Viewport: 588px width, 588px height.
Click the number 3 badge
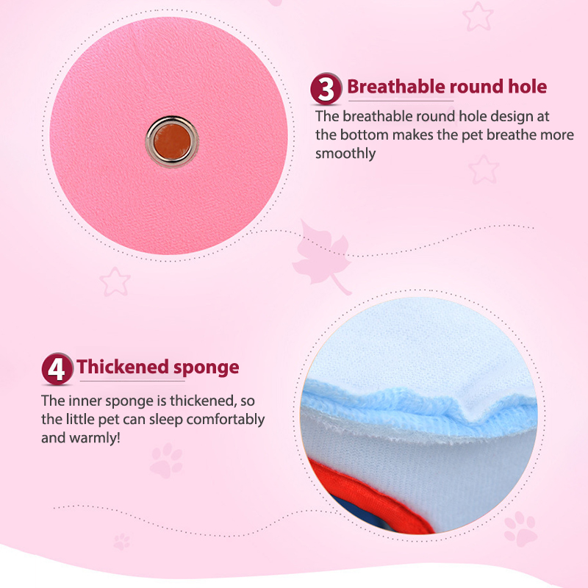pos(326,88)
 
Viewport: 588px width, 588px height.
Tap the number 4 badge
pos(57,369)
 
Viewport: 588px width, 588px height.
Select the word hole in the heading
pos(527,87)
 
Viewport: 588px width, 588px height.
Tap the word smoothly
pos(345,154)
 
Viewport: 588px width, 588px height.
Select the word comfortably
pos(226,420)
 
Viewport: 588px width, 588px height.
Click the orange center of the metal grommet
pos(172,142)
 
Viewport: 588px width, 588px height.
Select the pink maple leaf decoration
pos(322,257)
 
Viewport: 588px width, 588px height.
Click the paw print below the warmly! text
pos(166,461)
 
